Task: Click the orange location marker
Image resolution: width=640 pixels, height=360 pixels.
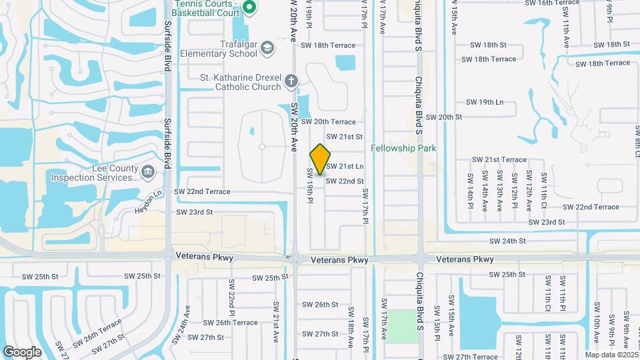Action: (x=320, y=159)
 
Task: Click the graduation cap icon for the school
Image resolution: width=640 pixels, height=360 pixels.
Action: (x=267, y=47)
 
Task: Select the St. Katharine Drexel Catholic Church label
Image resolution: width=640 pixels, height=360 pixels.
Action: (x=241, y=81)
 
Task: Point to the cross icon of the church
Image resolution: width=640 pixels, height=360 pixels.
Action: (x=290, y=81)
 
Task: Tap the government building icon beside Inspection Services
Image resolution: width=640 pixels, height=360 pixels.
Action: (x=148, y=173)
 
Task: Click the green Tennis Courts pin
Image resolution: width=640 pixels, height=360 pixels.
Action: (x=249, y=8)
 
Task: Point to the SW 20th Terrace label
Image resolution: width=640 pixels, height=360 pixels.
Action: (x=328, y=122)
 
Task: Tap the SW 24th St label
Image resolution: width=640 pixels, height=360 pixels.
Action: (x=507, y=241)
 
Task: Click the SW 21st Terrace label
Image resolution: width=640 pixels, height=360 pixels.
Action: (x=499, y=160)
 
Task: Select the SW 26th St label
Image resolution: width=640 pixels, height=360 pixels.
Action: (x=320, y=305)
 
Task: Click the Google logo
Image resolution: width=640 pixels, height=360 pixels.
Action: (x=22, y=351)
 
